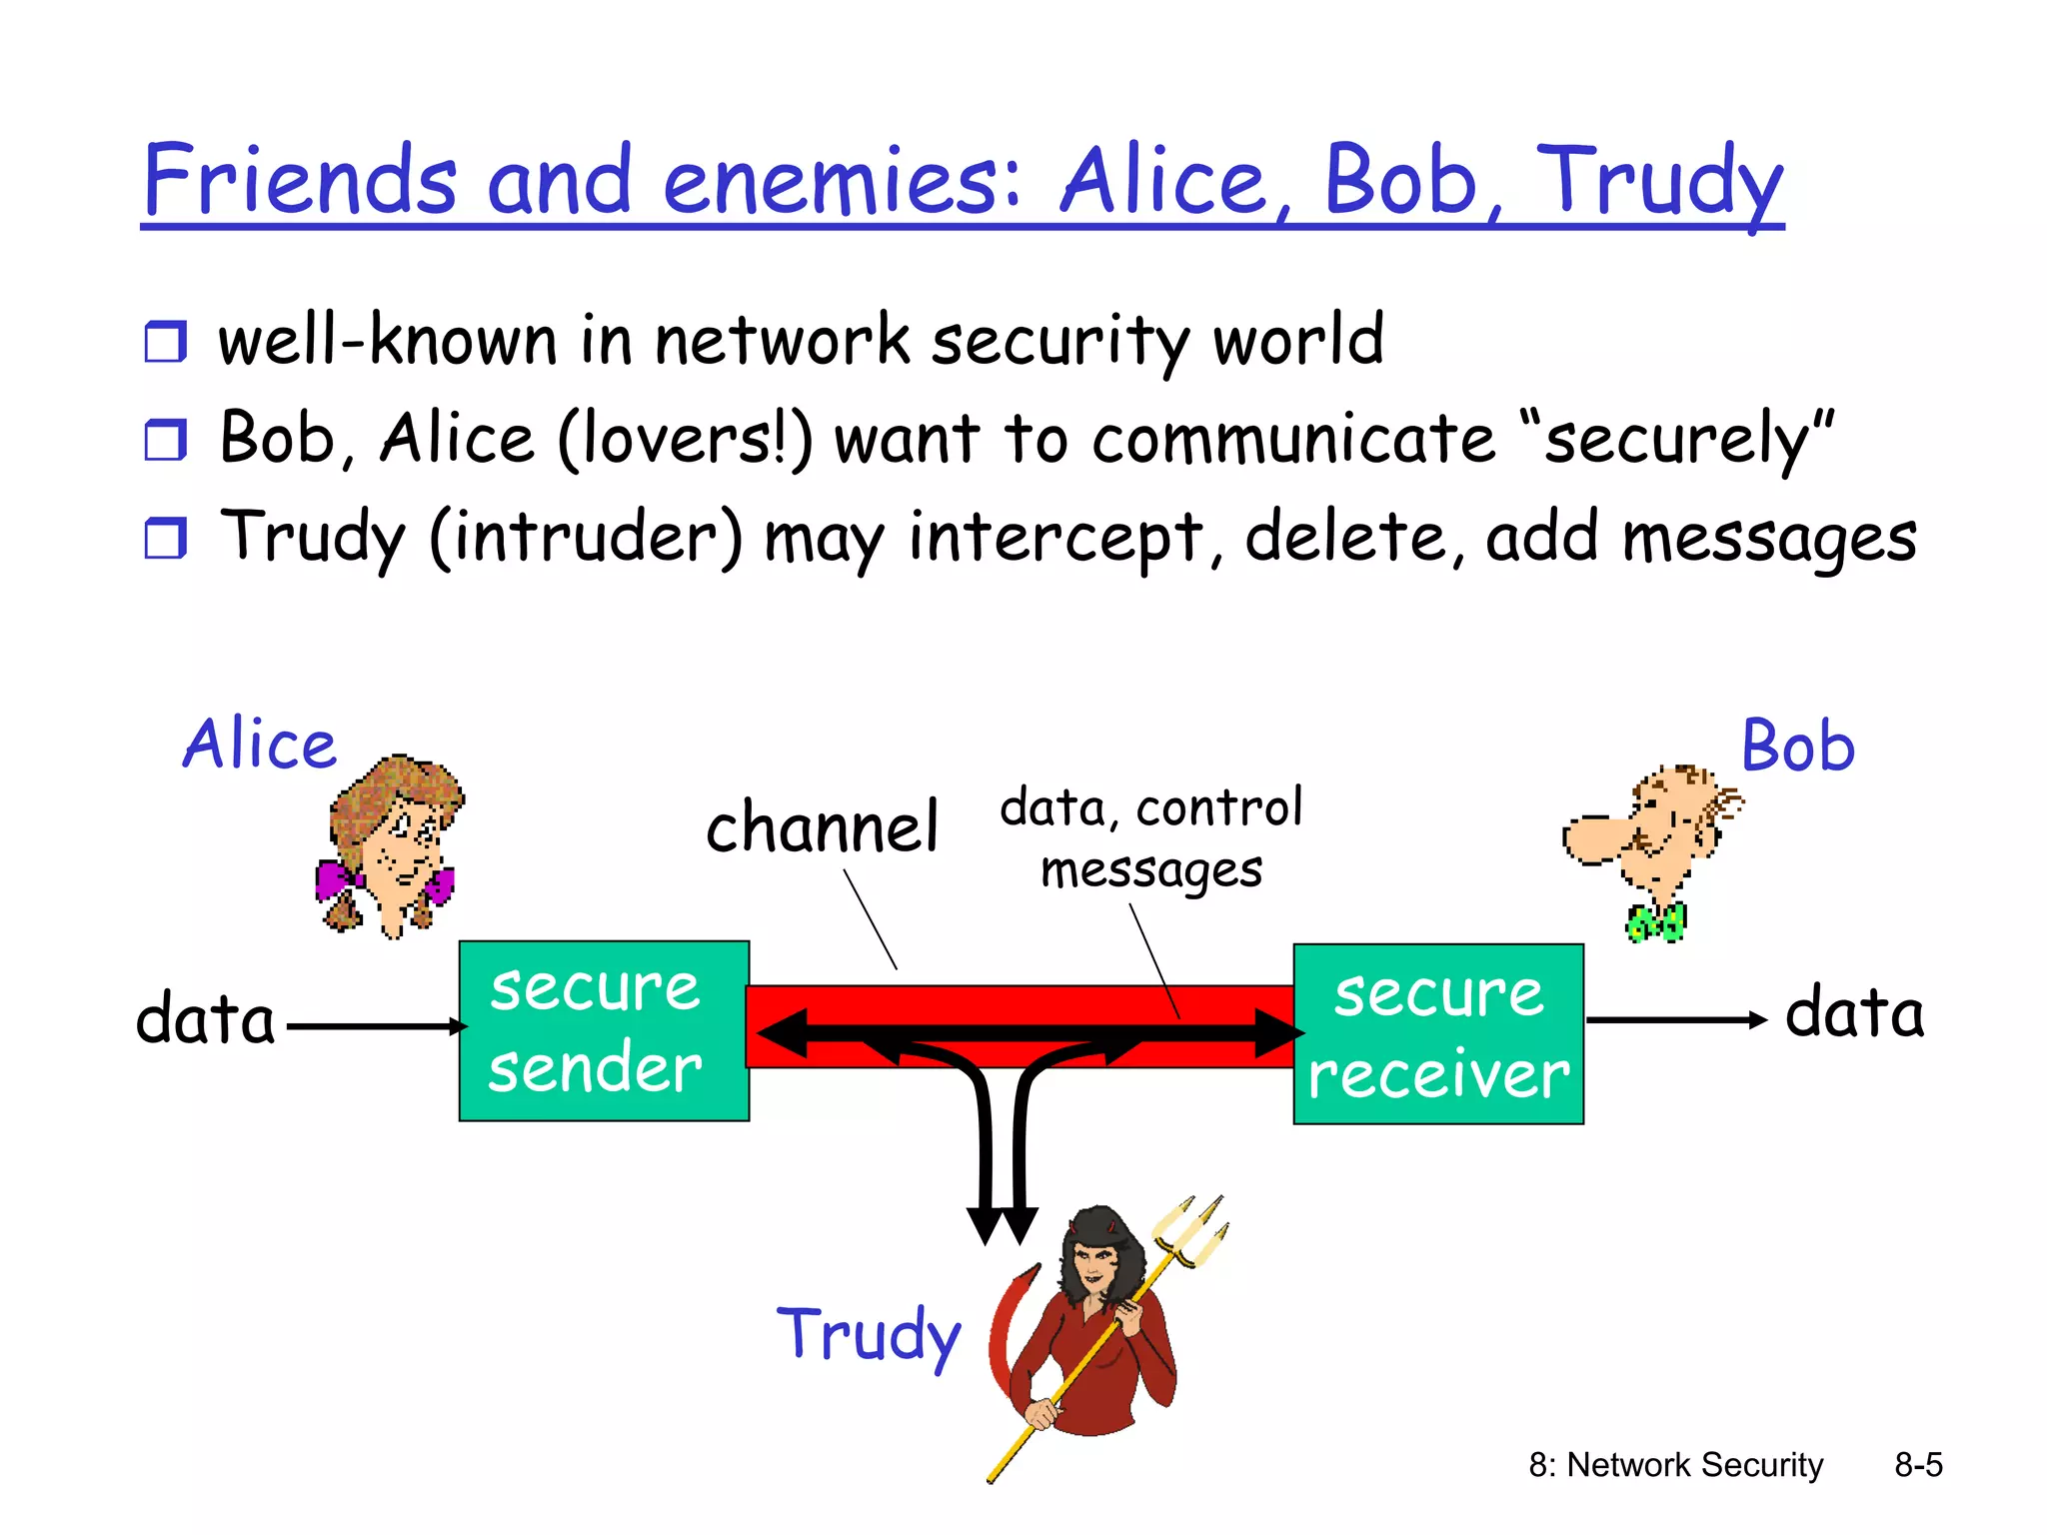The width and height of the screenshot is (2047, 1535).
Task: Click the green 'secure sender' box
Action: [x=604, y=1030]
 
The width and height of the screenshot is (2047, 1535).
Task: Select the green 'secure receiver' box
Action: [x=1437, y=1033]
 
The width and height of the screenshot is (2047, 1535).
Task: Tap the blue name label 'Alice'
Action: [x=260, y=745]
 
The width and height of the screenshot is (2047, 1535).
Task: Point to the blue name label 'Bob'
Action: [x=1797, y=747]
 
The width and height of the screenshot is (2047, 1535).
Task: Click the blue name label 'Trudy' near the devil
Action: [x=869, y=1335]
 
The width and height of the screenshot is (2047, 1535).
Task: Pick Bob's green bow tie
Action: [x=1656, y=921]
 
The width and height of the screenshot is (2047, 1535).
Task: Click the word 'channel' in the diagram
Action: [x=822, y=827]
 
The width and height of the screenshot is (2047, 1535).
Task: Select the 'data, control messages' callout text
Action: [x=1151, y=837]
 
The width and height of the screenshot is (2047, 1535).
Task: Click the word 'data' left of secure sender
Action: [x=206, y=1019]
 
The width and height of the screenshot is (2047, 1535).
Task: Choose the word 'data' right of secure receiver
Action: [x=1854, y=1013]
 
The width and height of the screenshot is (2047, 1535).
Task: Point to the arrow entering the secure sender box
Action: [x=375, y=1026]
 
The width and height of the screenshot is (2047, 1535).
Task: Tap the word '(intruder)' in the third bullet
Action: [x=587, y=538]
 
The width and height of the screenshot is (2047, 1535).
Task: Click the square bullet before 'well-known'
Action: [x=166, y=342]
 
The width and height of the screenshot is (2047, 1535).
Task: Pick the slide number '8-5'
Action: [x=1918, y=1465]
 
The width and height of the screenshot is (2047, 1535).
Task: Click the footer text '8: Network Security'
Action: [x=1675, y=1465]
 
